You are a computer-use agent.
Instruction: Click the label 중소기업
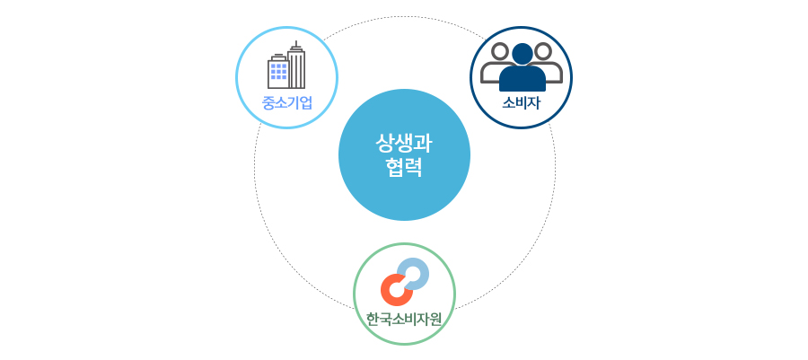pyautogui.click(x=287, y=103)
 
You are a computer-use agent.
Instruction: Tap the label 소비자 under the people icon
pyautogui.click(x=521, y=103)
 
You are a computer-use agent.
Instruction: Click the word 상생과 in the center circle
pyautogui.click(x=404, y=143)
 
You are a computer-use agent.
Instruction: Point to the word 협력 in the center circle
pyautogui.click(x=404, y=167)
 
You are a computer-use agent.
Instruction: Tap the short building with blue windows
pyautogui.click(x=278, y=72)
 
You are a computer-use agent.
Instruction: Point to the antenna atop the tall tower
pyautogui.click(x=295, y=45)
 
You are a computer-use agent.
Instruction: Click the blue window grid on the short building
pyautogui.click(x=279, y=71)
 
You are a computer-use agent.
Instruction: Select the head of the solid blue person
pyautogui.click(x=523, y=54)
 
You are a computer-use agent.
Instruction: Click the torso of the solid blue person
pyautogui.click(x=523, y=78)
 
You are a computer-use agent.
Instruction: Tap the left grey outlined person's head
pyautogui.click(x=500, y=51)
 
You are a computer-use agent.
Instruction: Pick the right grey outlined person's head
pyautogui.click(x=542, y=51)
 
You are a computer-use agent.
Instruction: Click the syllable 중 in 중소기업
pyautogui.click(x=268, y=103)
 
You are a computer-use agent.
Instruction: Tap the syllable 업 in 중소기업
pyautogui.click(x=306, y=103)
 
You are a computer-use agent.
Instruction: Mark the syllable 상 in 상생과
pyautogui.click(x=385, y=143)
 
